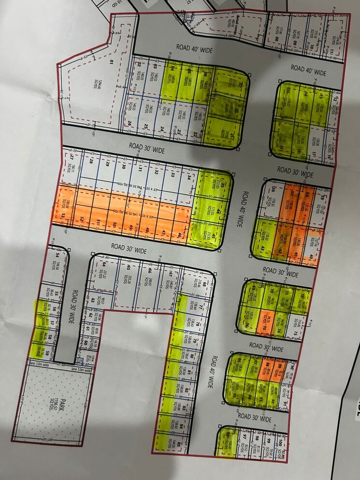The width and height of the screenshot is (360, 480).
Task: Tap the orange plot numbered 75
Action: click(x=265, y=320)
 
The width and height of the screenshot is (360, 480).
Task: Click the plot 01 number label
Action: click(x=111, y=62)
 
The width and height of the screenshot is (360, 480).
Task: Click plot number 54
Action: click(x=57, y=255)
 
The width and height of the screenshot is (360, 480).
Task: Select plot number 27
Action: click(x=71, y=158)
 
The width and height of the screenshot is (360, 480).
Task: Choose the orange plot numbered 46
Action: click(x=180, y=235)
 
